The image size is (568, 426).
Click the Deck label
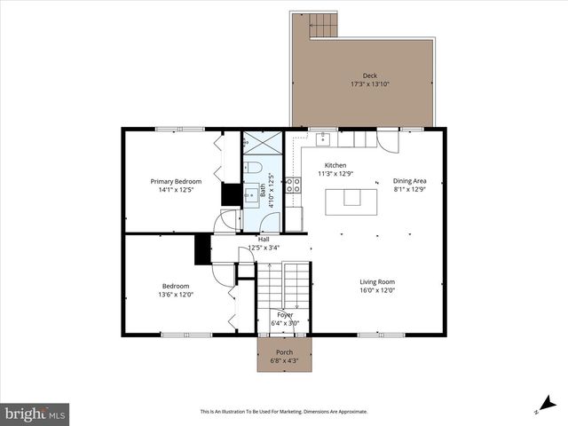pos(369,75)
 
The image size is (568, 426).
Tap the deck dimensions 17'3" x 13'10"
pos(369,84)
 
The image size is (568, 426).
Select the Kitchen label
pos(335,165)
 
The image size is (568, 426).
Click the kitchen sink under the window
pos(325,138)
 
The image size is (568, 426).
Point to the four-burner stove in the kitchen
pos(293,185)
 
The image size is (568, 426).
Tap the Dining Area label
pos(409,181)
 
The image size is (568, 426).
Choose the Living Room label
pos(377,281)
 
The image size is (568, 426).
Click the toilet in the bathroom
pos(253,168)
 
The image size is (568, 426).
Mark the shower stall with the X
pos(263,144)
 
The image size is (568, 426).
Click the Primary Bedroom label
pos(176,181)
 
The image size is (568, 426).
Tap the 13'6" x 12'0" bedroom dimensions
pos(175,295)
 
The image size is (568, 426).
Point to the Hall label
pos(264,240)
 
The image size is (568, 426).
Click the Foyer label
pos(285,314)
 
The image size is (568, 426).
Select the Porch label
pos(285,352)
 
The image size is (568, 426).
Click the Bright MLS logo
pos(35,414)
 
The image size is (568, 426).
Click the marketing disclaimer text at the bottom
pos(284,412)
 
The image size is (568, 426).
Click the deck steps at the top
pos(323,26)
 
